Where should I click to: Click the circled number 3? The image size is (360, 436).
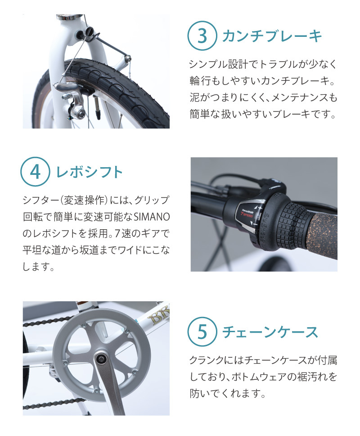[x=202, y=36]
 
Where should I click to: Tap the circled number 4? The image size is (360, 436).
[x=35, y=172]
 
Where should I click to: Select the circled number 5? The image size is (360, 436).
[x=202, y=332]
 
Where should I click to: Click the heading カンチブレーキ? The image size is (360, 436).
[x=272, y=36]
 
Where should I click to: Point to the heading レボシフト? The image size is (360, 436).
[x=90, y=172]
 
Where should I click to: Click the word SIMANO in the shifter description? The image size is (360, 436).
[x=152, y=217]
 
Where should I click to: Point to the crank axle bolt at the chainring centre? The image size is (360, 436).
[x=100, y=360]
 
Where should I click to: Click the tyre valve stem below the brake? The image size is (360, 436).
[x=97, y=107]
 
